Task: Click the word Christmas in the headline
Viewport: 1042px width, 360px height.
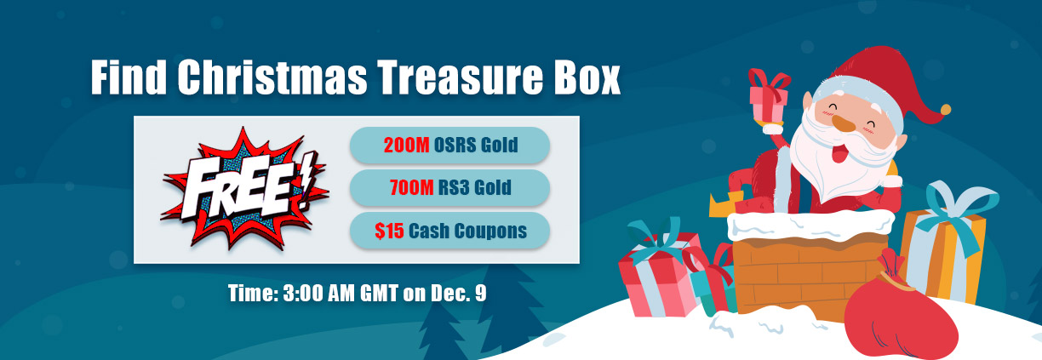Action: pyautogui.click(x=272, y=77)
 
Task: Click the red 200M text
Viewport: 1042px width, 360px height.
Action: pyautogui.click(x=407, y=146)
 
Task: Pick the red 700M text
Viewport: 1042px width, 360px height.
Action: pyautogui.click(x=412, y=187)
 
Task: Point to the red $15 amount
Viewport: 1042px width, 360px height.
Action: pyautogui.click(x=389, y=231)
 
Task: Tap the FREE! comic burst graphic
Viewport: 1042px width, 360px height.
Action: pyautogui.click(x=244, y=188)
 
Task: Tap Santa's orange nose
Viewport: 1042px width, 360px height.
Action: pyautogui.click(x=843, y=123)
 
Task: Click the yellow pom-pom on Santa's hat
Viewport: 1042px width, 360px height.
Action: pyautogui.click(x=945, y=110)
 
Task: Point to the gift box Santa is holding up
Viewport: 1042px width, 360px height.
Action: pyautogui.click(x=769, y=99)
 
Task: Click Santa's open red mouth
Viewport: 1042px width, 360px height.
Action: pyautogui.click(x=840, y=152)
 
